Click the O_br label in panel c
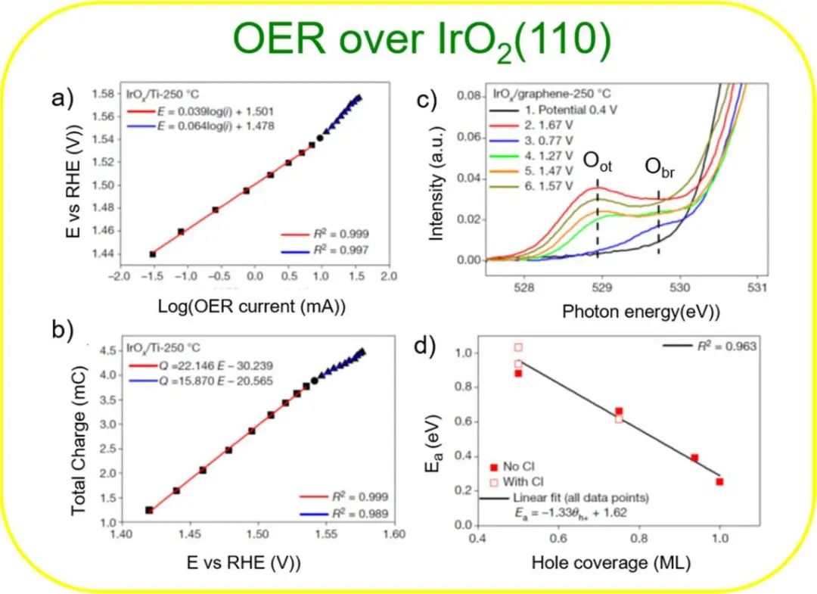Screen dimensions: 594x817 coord(659,167)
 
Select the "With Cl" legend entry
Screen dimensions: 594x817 coord(524,481)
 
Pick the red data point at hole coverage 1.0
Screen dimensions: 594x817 coord(719,482)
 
